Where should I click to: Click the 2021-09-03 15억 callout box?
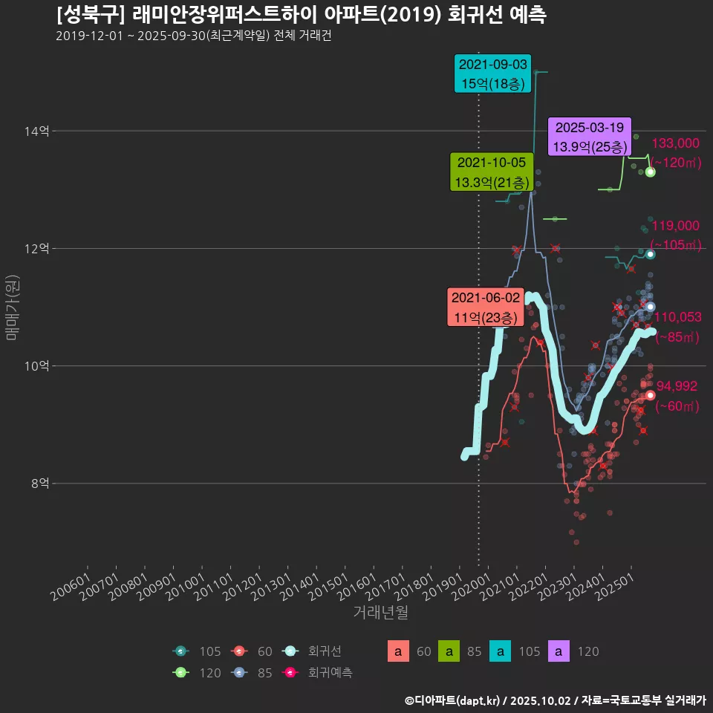(493, 74)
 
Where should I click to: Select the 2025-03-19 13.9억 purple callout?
(589, 137)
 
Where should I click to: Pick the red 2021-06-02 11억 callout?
(486, 307)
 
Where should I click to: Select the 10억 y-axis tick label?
(37, 366)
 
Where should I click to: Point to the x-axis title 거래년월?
(380, 612)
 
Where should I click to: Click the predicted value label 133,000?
(675, 144)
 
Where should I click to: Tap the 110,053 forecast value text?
(677, 318)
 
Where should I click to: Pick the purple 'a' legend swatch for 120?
(559, 652)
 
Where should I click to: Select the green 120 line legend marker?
(180, 673)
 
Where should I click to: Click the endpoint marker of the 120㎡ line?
(650, 172)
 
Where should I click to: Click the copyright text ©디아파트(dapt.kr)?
(453, 700)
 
